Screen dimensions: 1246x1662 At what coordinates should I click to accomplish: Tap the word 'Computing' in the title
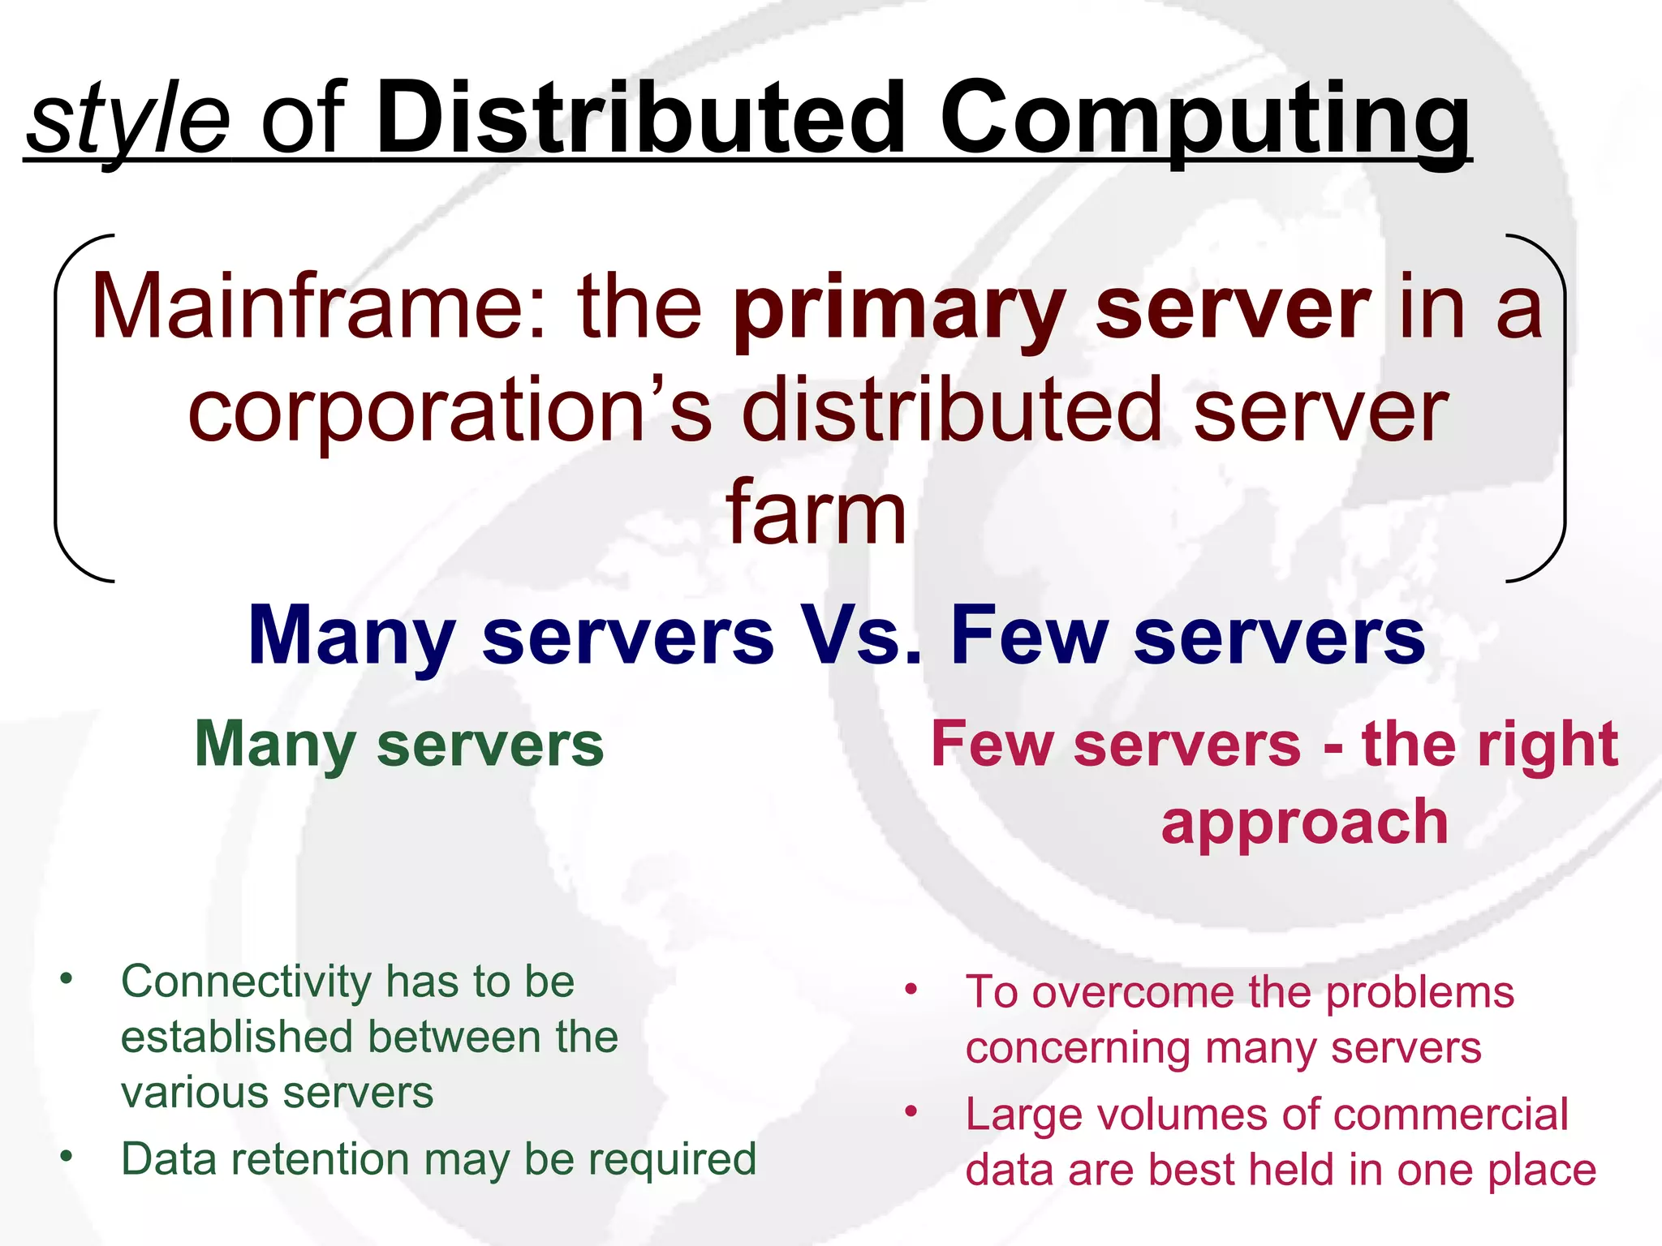1204,122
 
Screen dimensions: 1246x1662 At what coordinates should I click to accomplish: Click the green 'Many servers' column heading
399,745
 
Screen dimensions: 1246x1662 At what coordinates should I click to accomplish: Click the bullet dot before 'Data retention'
67,1155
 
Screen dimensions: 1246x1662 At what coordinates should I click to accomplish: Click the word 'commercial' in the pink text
1450,1115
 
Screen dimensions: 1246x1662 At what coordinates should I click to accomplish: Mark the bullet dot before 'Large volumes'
911,1111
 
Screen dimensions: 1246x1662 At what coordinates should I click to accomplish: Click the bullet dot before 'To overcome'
911,989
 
